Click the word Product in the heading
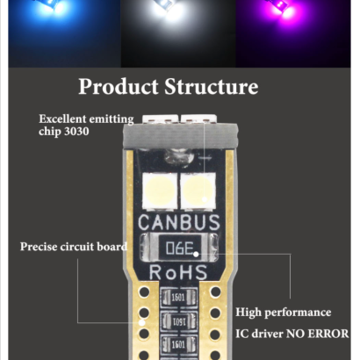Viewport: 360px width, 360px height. point(119,87)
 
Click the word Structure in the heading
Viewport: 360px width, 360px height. point(212,87)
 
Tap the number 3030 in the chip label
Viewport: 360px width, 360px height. point(76,131)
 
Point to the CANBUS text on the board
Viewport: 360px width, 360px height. point(179,222)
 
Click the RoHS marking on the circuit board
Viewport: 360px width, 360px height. point(178,272)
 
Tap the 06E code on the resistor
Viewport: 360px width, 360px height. point(180,248)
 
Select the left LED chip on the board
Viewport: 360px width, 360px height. point(160,191)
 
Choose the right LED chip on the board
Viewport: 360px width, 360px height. point(198,191)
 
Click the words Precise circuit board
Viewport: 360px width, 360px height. point(74,247)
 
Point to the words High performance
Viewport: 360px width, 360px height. point(284,313)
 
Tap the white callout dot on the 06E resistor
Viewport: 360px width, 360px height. point(196,254)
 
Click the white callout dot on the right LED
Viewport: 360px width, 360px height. point(205,199)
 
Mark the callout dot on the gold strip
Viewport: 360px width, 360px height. point(142,322)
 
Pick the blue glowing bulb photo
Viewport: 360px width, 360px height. point(64,33)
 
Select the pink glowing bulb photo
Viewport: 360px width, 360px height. point(293,33)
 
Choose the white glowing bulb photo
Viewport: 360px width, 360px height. point(178,33)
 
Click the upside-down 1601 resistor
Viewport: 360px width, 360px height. point(178,321)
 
